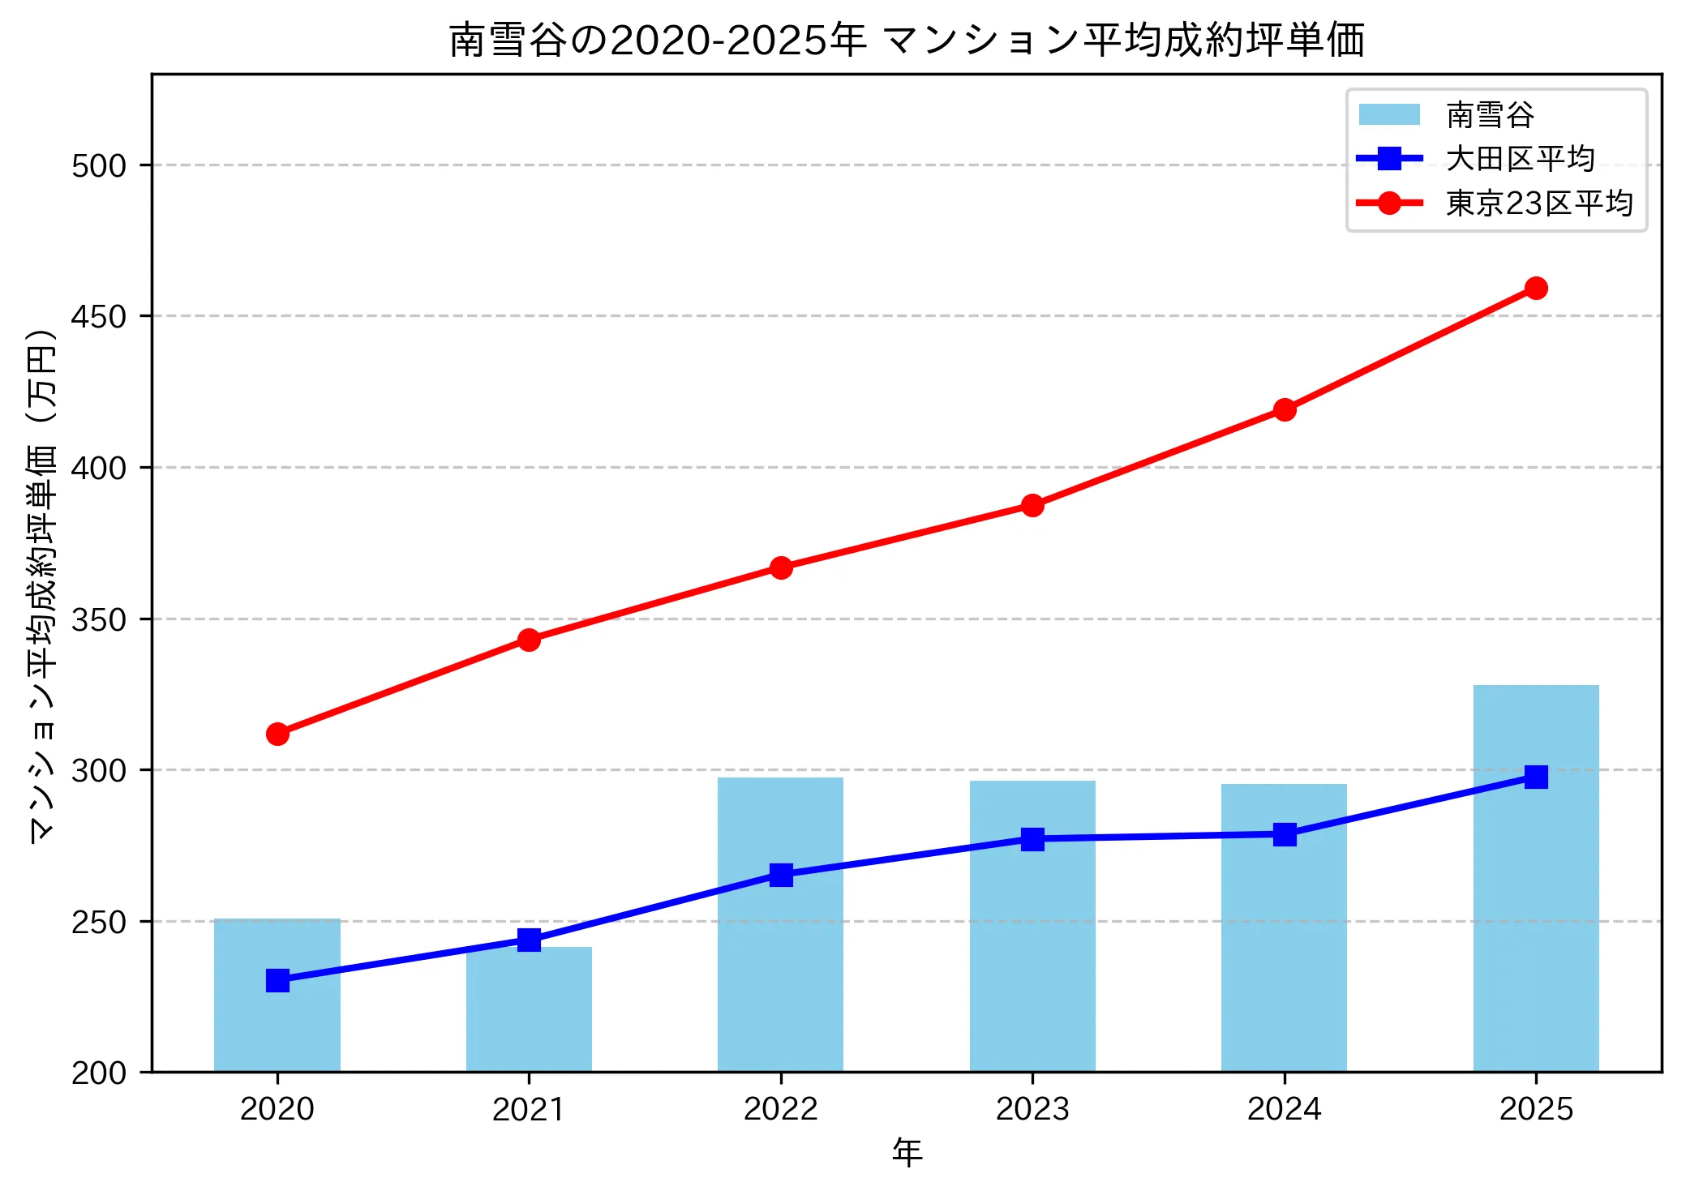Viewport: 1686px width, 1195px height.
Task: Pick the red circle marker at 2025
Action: [x=1535, y=288]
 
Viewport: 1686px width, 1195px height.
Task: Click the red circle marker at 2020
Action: [x=277, y=734]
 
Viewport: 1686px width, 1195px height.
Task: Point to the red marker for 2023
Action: [x=1032, y=505]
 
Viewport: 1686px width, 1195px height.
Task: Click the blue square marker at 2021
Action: [x=529, y=940]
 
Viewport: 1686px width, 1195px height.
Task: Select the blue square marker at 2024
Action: [x=1284, y=834]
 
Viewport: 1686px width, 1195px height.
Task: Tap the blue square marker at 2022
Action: [x=780, y=875]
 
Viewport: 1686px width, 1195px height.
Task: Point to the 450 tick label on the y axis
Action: [x=99, y=316]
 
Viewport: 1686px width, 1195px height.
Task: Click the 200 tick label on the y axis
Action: [x=99, y=1073]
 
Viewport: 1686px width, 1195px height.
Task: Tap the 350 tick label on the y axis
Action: [x=99, y=619]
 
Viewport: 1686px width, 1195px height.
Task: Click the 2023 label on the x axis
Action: [x=1032, y=1108]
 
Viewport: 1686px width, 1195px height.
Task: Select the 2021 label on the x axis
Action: [x=529, y=1108]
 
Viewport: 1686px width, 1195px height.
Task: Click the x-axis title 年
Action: [x=907, y=1152]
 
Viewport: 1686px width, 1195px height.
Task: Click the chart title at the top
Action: [x=907, y=40]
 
